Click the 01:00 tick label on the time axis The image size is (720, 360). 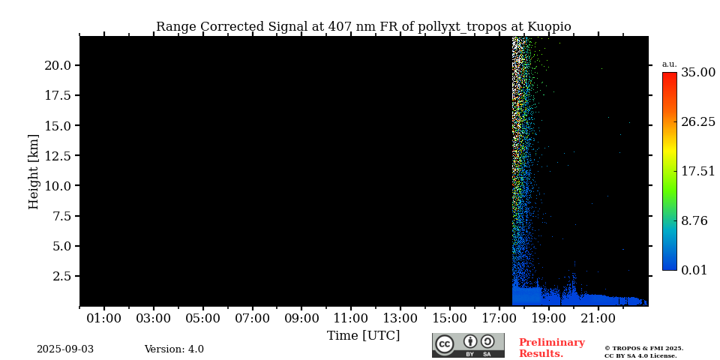pos(103,319)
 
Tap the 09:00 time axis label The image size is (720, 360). pos(301,319)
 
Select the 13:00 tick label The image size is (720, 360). pos(400,319)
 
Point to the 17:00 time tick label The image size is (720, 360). pos(499,319)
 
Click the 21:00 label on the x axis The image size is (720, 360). pos(598,319)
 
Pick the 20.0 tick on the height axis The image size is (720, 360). pos(58,65)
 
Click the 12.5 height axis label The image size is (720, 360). pos(58,156)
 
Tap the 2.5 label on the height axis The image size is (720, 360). pos(61,276)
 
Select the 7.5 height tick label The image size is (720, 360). pos(61,216)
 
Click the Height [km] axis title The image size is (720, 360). pos(34,171)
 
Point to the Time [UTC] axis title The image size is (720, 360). pos(363,336)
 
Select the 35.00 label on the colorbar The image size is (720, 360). pos(698,73)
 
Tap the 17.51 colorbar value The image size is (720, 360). pos(698,172)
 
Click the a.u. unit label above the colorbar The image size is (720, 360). pos(669,64)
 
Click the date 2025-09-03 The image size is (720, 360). pos(65,349)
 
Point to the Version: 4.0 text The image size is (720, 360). pos(174,349)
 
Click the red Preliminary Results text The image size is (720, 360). pos(551,348)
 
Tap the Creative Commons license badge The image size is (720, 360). pos(468,345)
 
